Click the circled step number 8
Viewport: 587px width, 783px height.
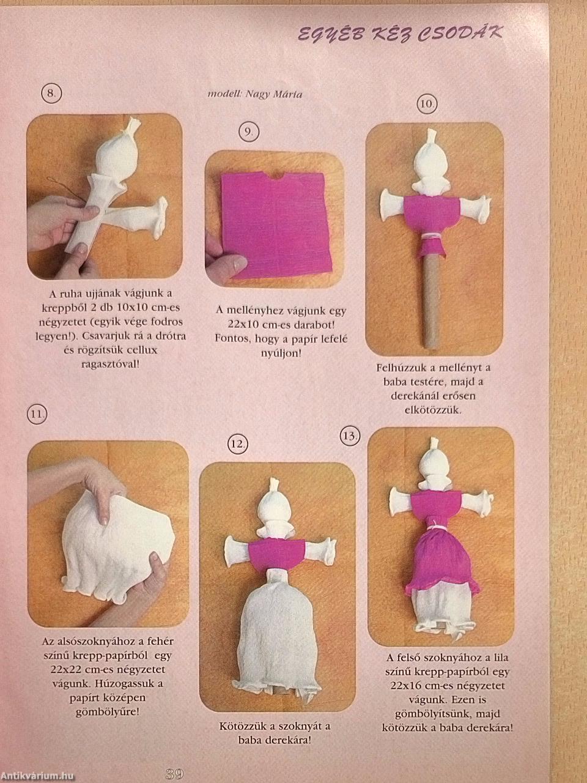(x=52, y=94)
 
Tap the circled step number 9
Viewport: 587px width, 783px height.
(x=249, y=133)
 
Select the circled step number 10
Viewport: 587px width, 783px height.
(x=427, y=105)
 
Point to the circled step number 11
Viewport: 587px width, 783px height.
(x=37, y=415)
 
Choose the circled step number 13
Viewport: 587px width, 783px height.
(x=351, y=436)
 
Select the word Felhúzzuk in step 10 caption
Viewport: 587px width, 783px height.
(x=397, y=368)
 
